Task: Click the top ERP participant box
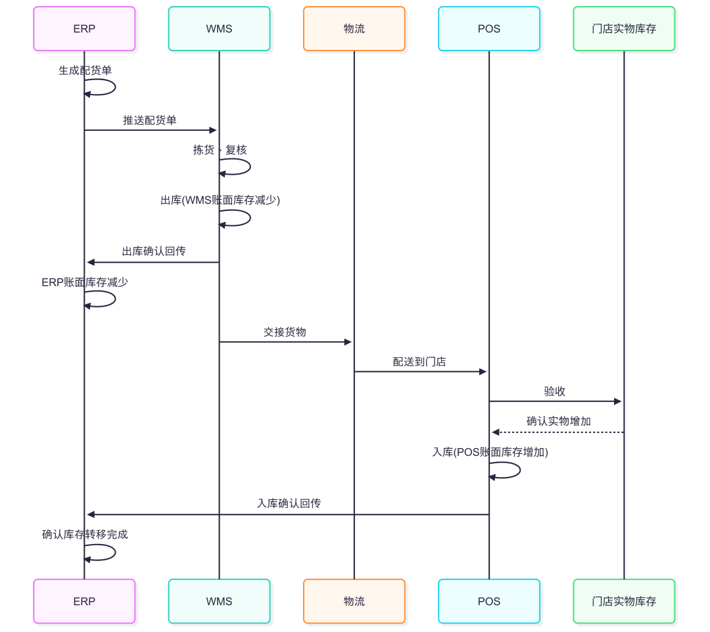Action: tap(84, 29)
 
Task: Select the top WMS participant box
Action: tap(219, 29)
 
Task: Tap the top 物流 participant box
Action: tap(354, 29)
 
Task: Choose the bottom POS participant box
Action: tap(489, 601)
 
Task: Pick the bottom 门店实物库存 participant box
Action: tap(624, 601)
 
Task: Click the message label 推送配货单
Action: tap(150, 120)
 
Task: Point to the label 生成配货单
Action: tap(85, 70)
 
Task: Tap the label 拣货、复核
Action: tap(220, 150)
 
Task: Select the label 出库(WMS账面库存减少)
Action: tap(220, 200)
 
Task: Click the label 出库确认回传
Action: tap(154, 252)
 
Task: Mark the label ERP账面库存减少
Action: tap(85, 282)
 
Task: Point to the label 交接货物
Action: tap(285, 332)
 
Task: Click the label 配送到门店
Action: tap(419, 362)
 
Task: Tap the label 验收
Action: tap(555, 392)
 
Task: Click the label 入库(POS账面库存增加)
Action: tap(490, 453)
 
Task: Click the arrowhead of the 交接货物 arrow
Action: tap(348, 342)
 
